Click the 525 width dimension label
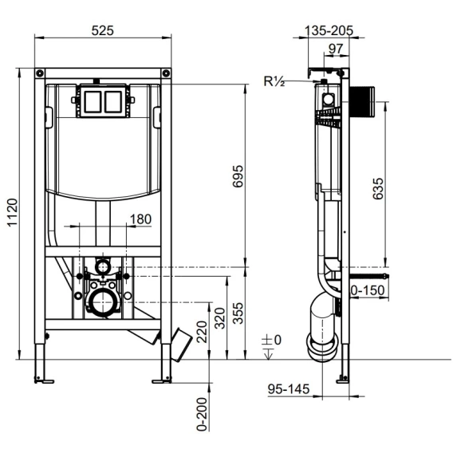(x=103, y=30)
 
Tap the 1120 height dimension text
(x=13, y=213)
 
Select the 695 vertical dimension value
(x=238, y=176)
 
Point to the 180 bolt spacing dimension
(x=140, y=219)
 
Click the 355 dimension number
(x=238, y=313)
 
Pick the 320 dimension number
(x=220, y=318)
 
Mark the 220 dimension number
(x=202, y=332)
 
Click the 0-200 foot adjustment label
(x=202, y=414)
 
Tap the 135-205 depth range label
(x=329, y=30)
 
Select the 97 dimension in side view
(x=336, y=49)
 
